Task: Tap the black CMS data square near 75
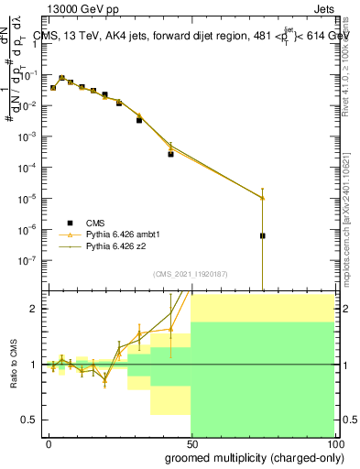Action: (x=263, y=235)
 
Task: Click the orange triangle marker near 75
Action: (x=263, y=198)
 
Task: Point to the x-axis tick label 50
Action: (x=191, y=443)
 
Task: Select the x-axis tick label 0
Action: (x=49, y=443)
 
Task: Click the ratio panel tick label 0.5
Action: (x=33, y=420)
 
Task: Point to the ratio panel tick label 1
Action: (x=38, y=364)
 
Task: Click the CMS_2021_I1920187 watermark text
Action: (x=191, y=274)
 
